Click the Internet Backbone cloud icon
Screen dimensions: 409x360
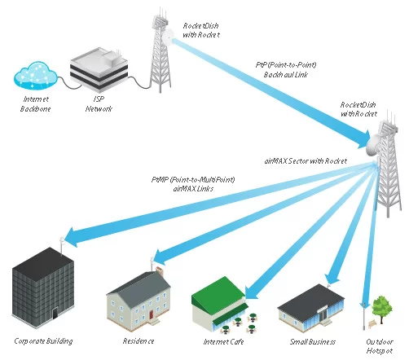pyautogui.click(x=35, y=76)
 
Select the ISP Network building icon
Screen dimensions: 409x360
pyautogui.click(x=99, y=69)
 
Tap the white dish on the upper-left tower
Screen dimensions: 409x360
pyautogui.click(x=168, y=37)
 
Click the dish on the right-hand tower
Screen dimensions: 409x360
pyautogui.click(x=372, y=146)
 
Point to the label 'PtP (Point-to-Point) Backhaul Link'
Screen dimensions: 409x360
pyautogui.click(x=286, y=69)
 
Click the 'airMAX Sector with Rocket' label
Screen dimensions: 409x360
pyautogui.click(x=306, y=161)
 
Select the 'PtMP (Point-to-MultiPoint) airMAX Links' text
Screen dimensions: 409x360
pyautogui.click(x=193, y=184)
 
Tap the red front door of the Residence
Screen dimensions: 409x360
pyautogui.click(x=151, y=314)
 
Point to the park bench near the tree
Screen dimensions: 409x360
pyautogui.click(x=372, y=323)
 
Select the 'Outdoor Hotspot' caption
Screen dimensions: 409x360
pyautogui.click(x=380, y=346)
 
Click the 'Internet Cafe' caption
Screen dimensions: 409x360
pyautogui.click(x=223, y=341)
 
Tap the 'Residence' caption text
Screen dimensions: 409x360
pyautogui.click(x=139, y=341)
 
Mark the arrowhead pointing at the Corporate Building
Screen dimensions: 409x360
pyautogui.click(x=73, y=237)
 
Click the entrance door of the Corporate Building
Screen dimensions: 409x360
pyautogui.click(x=55, y=314)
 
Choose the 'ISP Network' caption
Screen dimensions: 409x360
pyautogui.click(x=99, y=104)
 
